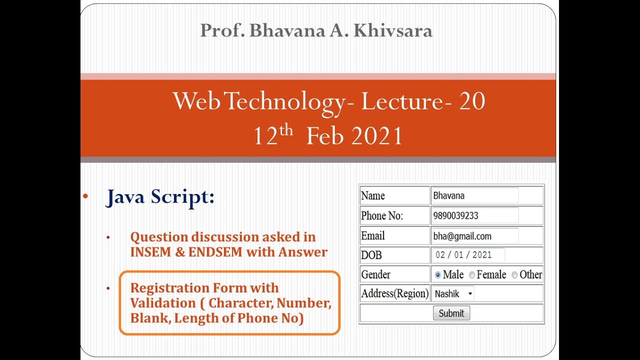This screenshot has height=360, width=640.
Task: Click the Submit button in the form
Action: tap(451, 313)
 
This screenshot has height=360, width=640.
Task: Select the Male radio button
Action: tap(438, 275)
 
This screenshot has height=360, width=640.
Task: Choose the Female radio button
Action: tap(472, 275)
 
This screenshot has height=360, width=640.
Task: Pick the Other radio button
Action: tap(514, 275)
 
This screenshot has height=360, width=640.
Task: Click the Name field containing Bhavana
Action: tap(474, 195)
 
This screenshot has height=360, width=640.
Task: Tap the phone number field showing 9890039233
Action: tap(474, 215)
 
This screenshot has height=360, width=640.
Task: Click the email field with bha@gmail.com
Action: tap(474, 236)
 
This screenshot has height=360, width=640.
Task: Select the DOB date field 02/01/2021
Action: tap(468, 255)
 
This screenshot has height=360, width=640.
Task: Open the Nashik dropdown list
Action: tap(453, 294)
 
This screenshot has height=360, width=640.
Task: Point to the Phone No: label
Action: tap(382, 216)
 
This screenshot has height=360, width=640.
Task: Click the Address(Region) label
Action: tap(394, 293)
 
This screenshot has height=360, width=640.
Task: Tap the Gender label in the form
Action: tap(375, 274)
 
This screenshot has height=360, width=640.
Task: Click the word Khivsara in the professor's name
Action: tap(392, 31)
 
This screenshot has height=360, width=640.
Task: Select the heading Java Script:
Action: tap(160, 197)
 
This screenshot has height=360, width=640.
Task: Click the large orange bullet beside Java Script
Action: tap(85, 196)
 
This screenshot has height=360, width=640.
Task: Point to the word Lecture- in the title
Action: tap(402, 101)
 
